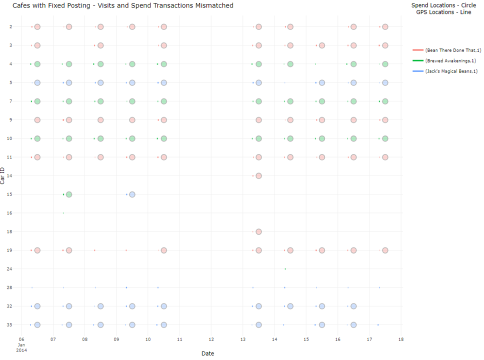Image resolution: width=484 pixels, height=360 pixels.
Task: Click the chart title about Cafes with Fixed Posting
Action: point(122,5)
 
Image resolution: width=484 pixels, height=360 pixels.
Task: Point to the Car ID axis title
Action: point(3,175)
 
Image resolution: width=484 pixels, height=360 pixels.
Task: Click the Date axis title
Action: point(207,353)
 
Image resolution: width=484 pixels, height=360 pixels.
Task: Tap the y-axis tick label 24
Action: point(16,269)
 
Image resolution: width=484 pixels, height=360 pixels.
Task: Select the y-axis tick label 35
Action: point(16,325)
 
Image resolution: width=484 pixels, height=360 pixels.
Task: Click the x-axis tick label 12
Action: point(211,339)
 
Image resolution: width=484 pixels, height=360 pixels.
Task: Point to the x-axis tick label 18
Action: point(400,339)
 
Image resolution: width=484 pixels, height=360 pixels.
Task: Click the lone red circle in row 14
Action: point(258,176)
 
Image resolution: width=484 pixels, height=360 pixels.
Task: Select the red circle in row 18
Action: point(258,231)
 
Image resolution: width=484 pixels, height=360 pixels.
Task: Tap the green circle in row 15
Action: point(69,194)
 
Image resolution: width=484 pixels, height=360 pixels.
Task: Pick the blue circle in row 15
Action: point(132,194)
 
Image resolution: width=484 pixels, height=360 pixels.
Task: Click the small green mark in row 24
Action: point(285,269)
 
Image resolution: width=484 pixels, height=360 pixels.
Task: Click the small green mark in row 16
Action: point(63,213)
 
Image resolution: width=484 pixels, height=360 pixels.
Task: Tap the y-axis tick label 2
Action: point(17,27)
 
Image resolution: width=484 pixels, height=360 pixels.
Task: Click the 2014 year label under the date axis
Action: point(21,350)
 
